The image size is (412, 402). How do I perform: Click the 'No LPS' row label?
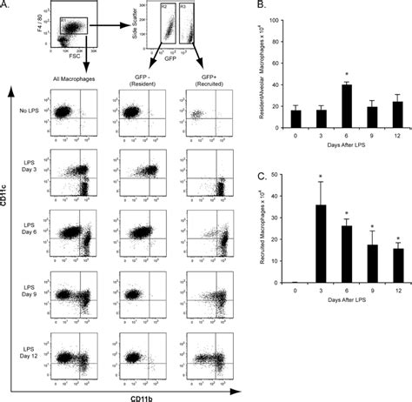point(27,115)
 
